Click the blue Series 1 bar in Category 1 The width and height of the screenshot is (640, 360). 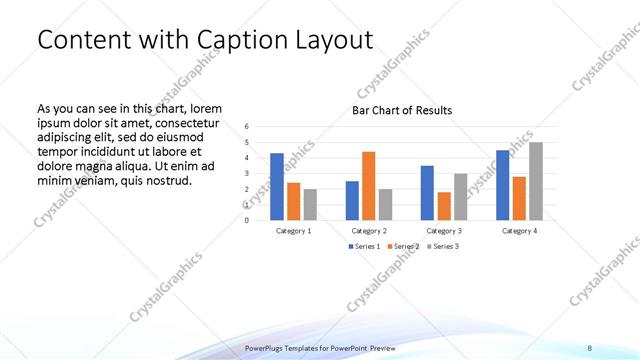277,187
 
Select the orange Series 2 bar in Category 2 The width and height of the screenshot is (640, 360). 368,186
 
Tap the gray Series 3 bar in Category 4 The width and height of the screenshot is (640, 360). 535,181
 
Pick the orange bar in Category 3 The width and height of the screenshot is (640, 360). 443,206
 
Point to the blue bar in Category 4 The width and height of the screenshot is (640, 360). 502,185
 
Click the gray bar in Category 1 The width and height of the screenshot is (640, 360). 310,204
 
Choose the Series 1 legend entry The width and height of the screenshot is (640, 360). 365,246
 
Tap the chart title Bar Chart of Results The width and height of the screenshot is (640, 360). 402,110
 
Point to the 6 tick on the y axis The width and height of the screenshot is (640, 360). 247,127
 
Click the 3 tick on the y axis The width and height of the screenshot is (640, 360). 247,173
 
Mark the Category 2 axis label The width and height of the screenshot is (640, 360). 369,230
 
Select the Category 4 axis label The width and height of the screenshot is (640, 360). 519,230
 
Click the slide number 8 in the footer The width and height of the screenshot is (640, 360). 589,347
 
